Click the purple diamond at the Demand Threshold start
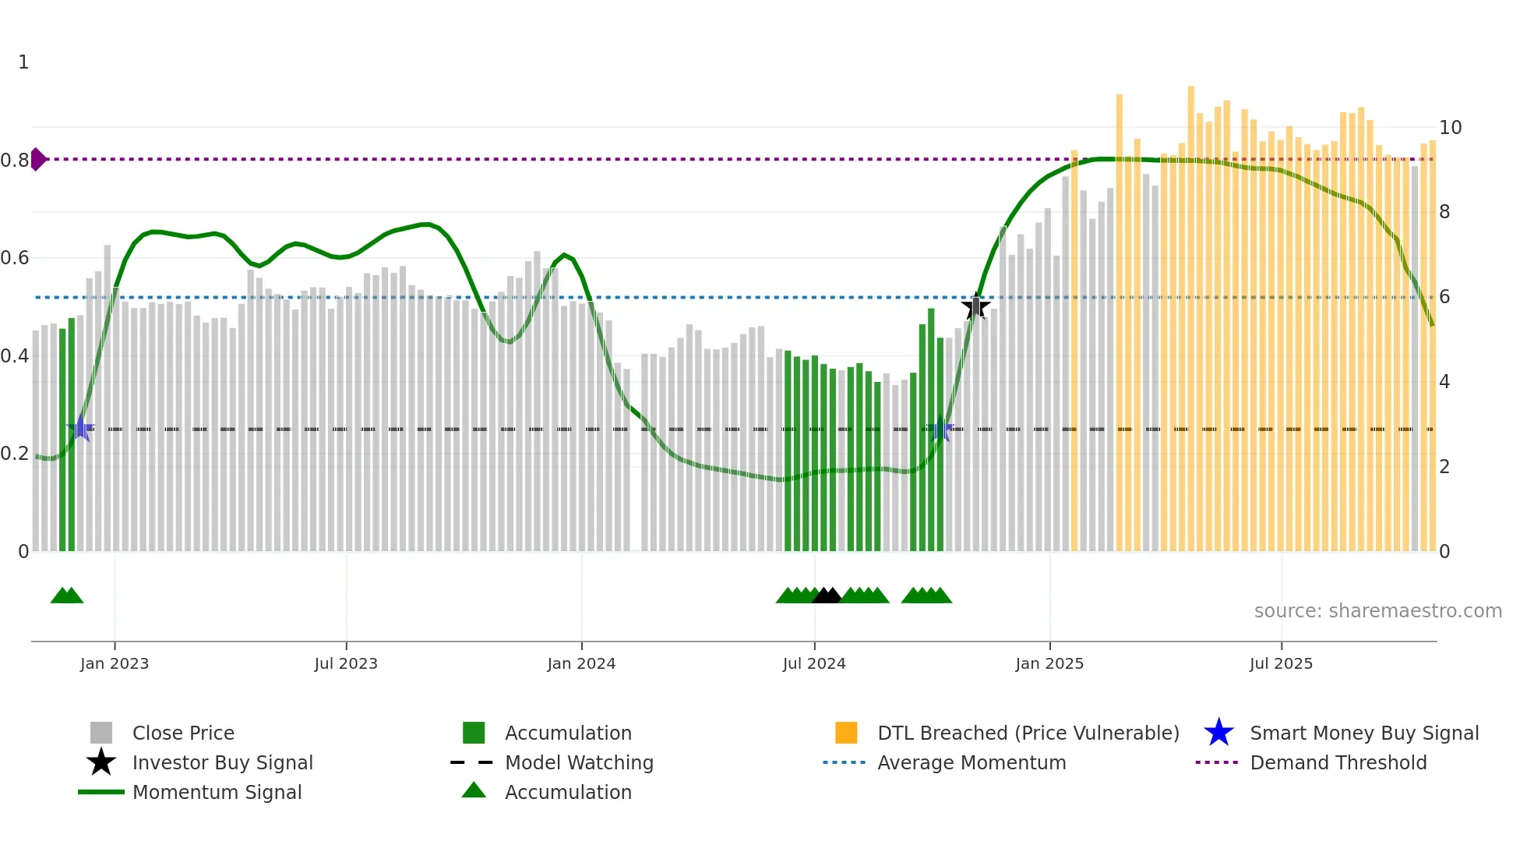click(x=37, y=159)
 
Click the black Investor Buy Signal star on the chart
click(x=975, y=307)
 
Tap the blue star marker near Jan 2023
click(x=80, y=429)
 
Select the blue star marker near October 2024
click(x=940, y=429)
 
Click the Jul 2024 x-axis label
click(x=814, y=663)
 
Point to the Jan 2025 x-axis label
click(x=1049, y=663)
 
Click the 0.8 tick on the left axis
click(x=15, y=161)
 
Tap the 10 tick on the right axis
click(x=1450, y=128)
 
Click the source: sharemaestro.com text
click(x=1377, y=611)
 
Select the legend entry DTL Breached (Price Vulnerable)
click(x=1028, y=733)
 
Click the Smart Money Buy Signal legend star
click(x=1218, y=733)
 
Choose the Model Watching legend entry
click(x=578, y=762)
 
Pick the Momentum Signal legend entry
click(x=217, y=792)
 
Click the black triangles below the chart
click(x=827, y=596)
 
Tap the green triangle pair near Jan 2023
click(x=67, y=596)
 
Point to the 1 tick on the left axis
click(x=23, y=62)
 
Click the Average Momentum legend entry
click(x=971, y=762)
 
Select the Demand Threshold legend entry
click(x=1338, y=762)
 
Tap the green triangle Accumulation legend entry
click(x=567, y=792)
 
